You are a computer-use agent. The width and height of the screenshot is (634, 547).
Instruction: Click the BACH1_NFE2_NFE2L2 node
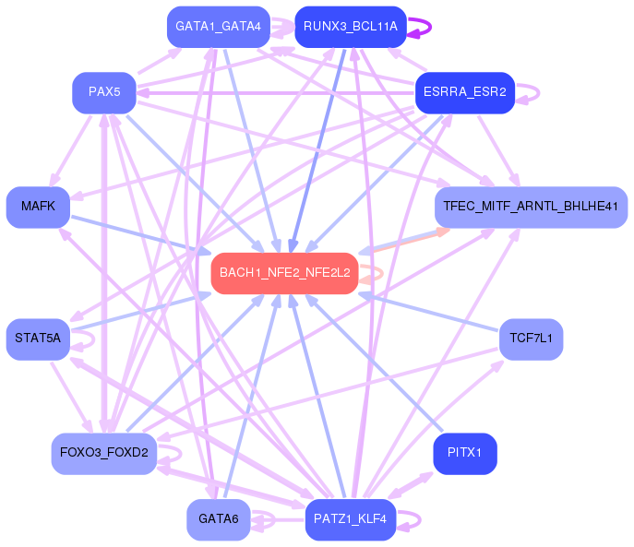pos(284,273)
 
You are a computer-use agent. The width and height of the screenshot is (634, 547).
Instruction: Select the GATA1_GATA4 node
pos(218,26)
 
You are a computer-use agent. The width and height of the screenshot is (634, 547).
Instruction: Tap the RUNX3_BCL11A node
pos(350,26)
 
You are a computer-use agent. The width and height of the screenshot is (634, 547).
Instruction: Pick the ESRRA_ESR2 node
pos(464,92)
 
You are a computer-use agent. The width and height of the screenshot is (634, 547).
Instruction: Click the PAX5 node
pos(104,92)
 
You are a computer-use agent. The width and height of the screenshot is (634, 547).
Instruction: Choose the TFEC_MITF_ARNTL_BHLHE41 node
pos(531,207)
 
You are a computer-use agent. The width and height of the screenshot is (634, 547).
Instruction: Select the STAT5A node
pos(38,339)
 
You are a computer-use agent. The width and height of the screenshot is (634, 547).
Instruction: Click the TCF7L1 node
pos(531,339)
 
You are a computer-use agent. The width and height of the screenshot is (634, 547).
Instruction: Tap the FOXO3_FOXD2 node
pos(104,452)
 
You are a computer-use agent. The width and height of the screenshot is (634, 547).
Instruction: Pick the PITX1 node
pos(464,452)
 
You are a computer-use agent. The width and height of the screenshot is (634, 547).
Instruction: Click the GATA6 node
pos(218,519)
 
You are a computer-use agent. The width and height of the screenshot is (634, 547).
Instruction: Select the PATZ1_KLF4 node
pos(350,519)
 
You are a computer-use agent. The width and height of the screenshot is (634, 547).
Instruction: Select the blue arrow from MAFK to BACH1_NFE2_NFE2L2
pos(138,235)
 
